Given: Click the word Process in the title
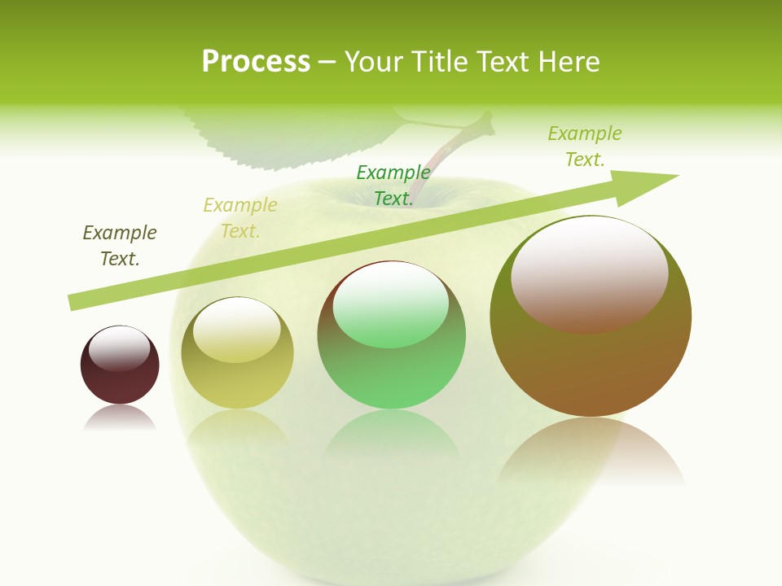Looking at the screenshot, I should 256,62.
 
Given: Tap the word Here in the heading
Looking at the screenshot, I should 569,62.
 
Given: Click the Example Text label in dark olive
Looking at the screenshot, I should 120,246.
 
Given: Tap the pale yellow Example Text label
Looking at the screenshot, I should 240,218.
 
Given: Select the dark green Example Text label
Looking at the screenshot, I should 393,185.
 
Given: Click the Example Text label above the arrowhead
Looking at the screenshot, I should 585,146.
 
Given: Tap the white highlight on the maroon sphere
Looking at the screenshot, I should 119,348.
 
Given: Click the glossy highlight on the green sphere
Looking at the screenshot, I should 391,305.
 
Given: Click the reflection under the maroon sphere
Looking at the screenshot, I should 120,418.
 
